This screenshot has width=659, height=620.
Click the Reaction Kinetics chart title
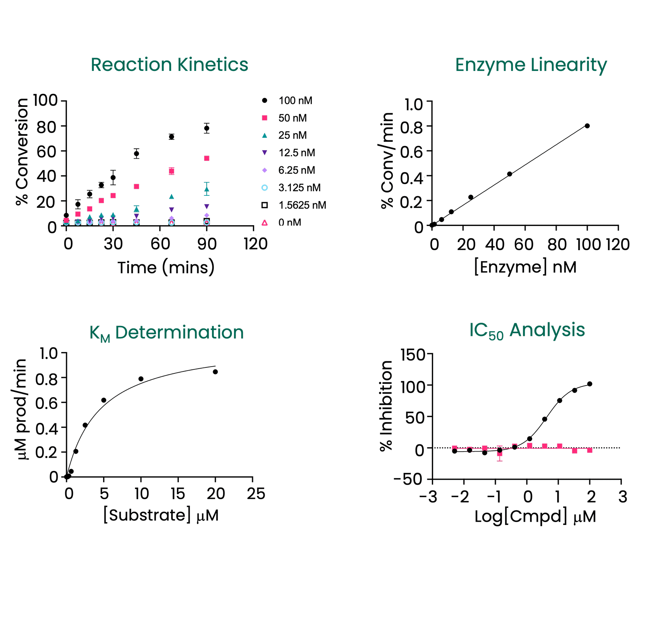point(169,65)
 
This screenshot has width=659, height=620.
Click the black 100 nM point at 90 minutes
point(207,129)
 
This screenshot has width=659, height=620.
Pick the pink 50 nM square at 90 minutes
point(207,158)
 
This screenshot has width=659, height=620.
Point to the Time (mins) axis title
point(166,267)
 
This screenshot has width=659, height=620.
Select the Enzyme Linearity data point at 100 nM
point(587,126)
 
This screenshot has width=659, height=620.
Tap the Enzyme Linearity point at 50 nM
point(510,174)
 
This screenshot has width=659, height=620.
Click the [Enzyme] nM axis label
point(525,267)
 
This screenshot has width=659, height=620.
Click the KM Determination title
point(166,333)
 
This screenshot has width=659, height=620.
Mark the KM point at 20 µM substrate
point(216,372)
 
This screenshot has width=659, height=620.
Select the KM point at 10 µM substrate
point(141,379)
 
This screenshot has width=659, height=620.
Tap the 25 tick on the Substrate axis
point(256,494)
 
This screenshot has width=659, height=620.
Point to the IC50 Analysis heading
point(527,331)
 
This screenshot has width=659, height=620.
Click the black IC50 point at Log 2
point(590,384)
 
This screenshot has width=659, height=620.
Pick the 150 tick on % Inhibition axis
point(413,355)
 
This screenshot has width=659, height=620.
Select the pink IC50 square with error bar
point(499,453)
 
